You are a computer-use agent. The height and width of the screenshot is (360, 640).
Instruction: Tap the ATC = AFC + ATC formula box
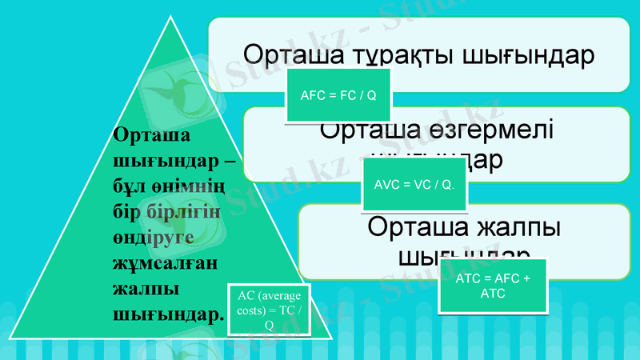(x=493, y=286)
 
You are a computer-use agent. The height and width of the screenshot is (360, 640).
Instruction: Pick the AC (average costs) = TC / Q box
(x=270, y=310)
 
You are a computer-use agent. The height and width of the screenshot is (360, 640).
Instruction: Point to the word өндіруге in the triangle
(x=149, y=238)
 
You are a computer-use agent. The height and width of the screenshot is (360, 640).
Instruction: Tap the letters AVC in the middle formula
(x=386, y=185)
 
